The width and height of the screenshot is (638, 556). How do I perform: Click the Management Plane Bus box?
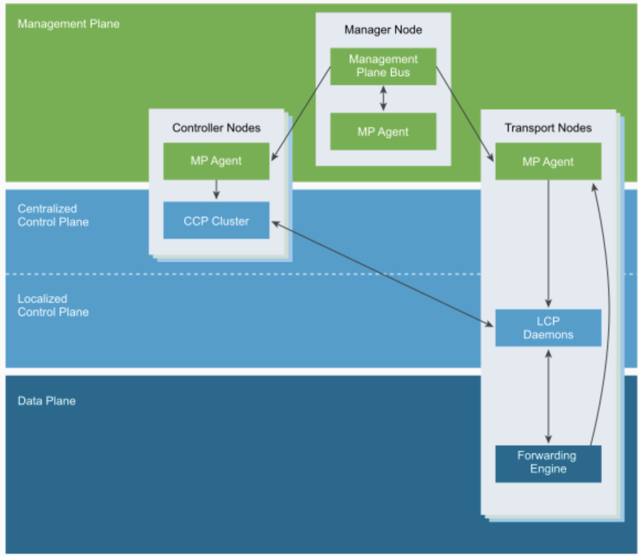tap(383, 66)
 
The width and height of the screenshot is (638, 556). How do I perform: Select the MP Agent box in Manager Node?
tap(383, 132)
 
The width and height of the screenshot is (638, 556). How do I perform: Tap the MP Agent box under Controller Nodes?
tap(216, 161)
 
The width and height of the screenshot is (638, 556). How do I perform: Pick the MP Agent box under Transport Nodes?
tap(548, 161)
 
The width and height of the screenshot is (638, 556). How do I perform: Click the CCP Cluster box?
tap(216, 221)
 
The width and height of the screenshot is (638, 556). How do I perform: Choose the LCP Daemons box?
tap(548, 328)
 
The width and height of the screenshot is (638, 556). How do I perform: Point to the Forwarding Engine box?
tap(548, 464)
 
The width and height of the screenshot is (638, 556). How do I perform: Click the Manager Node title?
tap(383, 30)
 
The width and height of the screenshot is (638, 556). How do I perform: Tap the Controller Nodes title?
tap(216, 128)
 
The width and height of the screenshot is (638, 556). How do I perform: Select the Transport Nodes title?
tap(548, 128)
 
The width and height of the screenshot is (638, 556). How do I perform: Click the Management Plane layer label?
tap(68, 24)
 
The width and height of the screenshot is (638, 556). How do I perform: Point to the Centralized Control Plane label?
tap(53, 215)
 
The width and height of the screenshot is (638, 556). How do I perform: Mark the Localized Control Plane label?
tap(53, 306)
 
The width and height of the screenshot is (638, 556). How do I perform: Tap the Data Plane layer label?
tap(46, 401)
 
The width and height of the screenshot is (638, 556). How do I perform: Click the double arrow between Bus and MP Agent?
tap(383, 98)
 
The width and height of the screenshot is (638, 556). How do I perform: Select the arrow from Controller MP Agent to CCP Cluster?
tap(216, 190)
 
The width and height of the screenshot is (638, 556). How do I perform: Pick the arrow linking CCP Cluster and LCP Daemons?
tap(382, 274)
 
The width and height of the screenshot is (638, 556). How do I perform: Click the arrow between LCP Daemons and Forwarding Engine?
tap(548, 396)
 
